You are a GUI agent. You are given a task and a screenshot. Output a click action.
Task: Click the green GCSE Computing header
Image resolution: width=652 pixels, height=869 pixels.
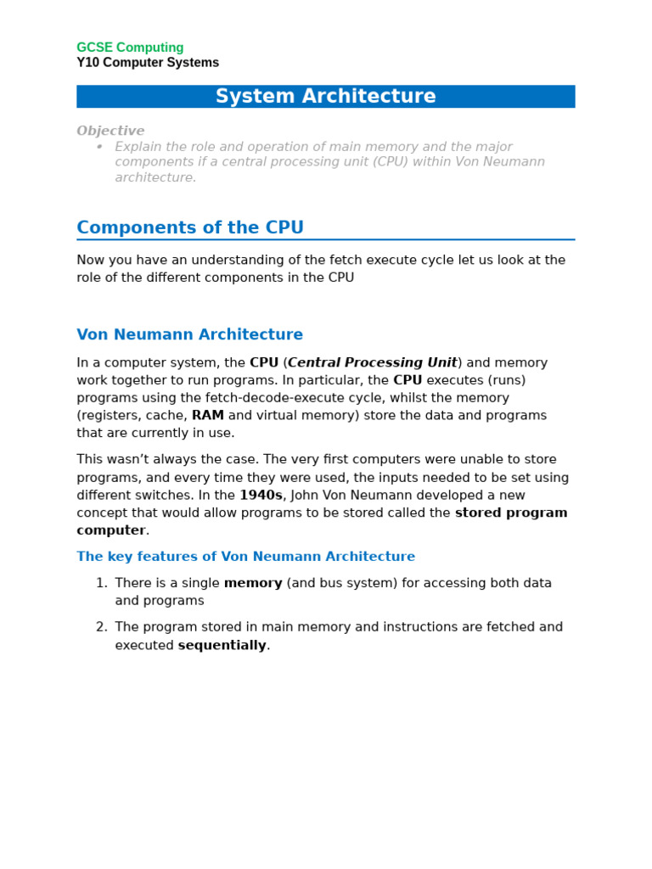130,48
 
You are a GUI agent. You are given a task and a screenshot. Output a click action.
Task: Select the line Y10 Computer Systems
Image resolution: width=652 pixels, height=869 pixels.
148,63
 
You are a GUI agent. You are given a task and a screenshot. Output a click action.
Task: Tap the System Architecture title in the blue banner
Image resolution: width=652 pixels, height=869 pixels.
325,97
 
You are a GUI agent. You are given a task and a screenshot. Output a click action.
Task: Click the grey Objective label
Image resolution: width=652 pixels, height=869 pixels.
110,131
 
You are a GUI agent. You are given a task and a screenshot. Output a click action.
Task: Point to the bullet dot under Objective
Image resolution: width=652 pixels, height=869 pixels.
99,147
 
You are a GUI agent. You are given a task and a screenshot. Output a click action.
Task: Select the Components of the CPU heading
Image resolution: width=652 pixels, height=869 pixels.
190,227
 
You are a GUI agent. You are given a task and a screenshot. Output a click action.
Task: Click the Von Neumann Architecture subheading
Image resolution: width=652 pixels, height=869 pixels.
189,334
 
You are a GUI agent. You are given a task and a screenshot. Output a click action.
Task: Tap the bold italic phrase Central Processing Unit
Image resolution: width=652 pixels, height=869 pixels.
372,362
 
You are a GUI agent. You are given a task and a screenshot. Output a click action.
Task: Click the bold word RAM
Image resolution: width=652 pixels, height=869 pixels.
208,416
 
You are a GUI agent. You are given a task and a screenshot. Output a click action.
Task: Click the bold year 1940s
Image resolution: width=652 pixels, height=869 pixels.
261,496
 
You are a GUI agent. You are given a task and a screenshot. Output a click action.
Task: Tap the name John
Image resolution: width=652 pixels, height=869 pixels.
306,496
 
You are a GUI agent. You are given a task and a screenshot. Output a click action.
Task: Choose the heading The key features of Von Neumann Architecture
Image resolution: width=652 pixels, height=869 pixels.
245,557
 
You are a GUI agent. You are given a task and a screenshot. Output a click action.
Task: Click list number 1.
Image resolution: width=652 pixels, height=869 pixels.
101,583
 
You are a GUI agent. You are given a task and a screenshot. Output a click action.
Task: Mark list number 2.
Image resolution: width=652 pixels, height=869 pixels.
101,627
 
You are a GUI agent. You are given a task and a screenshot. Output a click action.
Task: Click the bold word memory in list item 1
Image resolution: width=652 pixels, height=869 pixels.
253,583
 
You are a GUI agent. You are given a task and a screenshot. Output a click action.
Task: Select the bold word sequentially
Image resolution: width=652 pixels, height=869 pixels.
222,645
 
